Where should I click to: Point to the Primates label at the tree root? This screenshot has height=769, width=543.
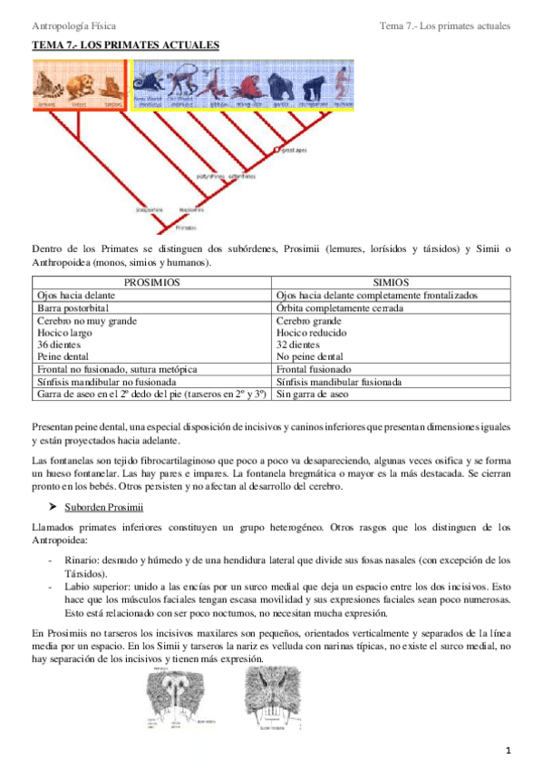186,229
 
